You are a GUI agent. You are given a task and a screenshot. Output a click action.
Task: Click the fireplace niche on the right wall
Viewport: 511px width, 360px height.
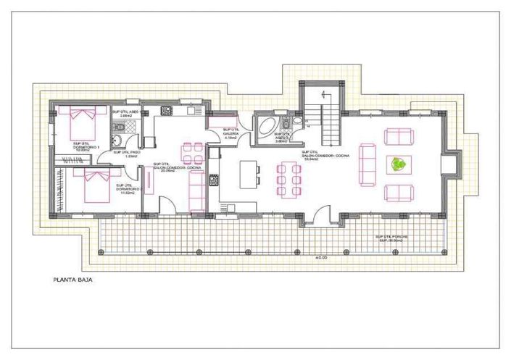click(451, 164)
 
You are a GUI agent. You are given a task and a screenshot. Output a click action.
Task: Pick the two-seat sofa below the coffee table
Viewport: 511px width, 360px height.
click(399, 193)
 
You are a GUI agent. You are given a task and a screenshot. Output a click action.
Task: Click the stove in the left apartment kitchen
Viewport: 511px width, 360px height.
click(165, 110)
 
